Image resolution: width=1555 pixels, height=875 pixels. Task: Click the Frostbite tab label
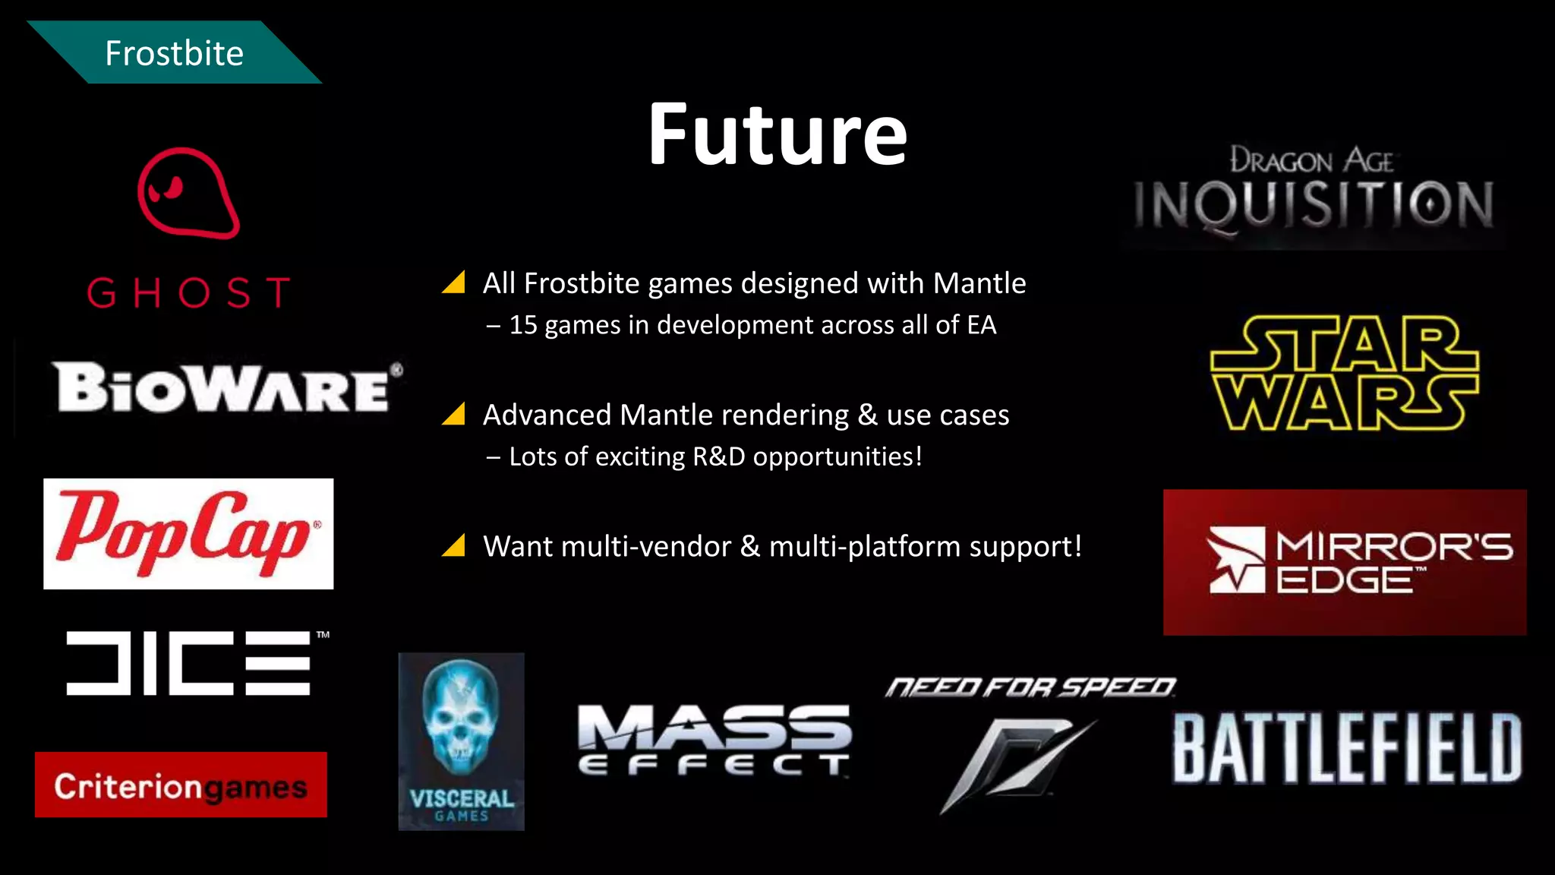(x=174, y=53)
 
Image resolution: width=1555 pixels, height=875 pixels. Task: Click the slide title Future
(x=777, y=134)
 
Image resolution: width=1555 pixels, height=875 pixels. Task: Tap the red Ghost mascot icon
(x=188, y=193)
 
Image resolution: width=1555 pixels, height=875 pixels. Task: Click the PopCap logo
(x=188, y=533)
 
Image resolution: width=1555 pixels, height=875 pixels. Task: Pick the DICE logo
(x=189, y=662)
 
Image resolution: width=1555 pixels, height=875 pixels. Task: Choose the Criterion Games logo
(x=181, y=785)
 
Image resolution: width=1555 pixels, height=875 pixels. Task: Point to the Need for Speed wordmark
(x=1030, y=687)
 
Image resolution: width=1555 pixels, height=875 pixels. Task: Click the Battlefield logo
(x=1347, y=748)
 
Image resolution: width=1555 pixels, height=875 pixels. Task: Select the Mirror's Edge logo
(x=1345, y=562)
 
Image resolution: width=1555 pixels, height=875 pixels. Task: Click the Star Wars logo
(x=1344, y=373)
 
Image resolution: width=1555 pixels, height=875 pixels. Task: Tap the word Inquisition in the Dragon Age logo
(x=1314, y=205)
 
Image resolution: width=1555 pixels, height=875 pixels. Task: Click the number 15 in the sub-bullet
(x=523, y=325)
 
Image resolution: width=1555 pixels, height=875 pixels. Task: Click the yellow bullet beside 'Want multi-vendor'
(x=454, y=545)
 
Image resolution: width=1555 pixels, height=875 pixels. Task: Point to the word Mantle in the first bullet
(x=979, y=283)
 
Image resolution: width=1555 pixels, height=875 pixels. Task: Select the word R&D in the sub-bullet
(x=718, y=456)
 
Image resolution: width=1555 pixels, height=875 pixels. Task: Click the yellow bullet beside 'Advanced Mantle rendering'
(x=454, y=414)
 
